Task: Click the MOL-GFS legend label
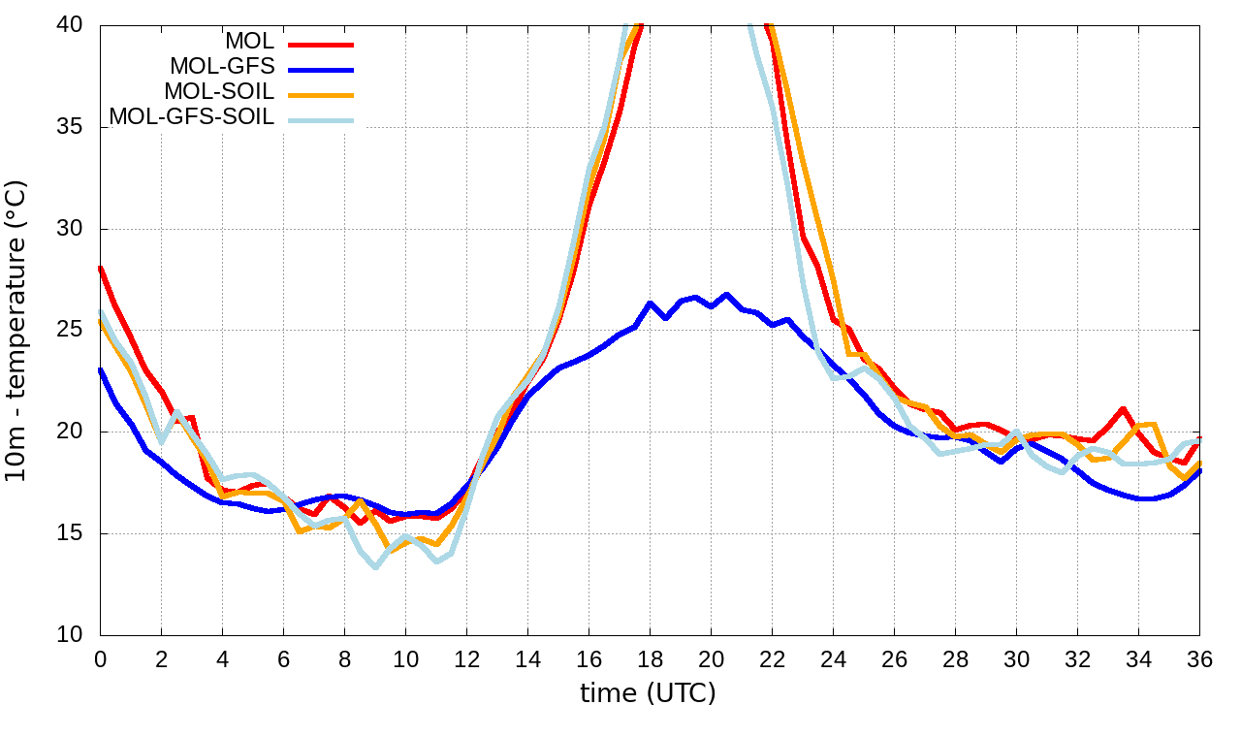point(222,67)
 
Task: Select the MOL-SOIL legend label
point(219,92)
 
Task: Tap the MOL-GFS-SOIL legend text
point(192,117)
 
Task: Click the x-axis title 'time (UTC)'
point(648,693)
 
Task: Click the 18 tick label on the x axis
point(650,658)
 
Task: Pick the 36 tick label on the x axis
point(1199,658)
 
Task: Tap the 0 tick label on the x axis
point(100,658)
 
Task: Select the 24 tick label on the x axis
point(833,658)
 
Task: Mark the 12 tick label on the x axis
point(466,658)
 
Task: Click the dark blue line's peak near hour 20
point(726,295)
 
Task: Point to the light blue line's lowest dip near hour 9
point(375,566)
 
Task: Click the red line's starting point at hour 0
point(101,268)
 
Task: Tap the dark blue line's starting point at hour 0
point(101,369)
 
